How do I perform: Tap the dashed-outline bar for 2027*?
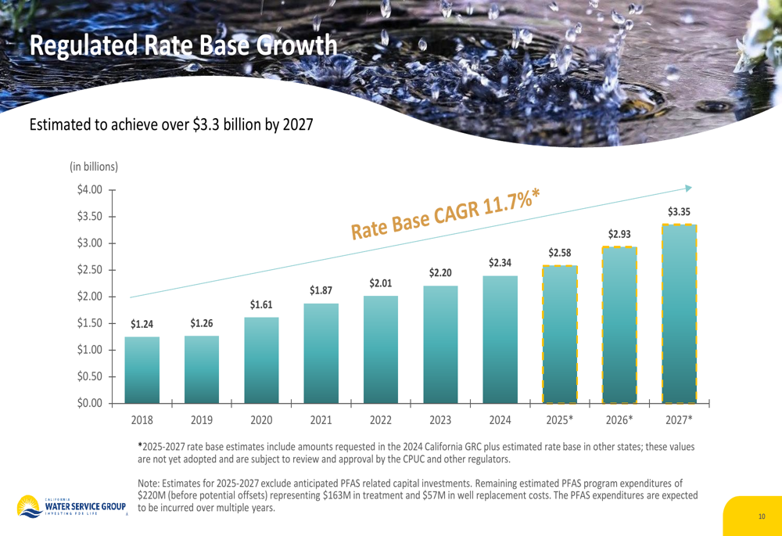679,313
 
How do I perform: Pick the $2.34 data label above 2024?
500,263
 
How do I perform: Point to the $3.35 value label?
679,211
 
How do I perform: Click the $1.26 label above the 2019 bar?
202,323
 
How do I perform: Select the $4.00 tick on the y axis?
90,189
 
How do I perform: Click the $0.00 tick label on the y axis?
90,403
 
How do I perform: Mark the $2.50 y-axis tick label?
90,270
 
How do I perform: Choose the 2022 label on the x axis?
381,419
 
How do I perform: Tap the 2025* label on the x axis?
560,419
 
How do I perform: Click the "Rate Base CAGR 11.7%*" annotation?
447,212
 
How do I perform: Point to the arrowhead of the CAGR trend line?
688,188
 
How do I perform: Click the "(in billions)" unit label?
94,167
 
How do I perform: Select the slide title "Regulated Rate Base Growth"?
185,45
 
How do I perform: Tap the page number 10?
762,516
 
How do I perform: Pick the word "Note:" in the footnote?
151,483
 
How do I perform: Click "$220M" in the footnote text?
153,495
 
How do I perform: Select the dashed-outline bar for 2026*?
619,325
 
